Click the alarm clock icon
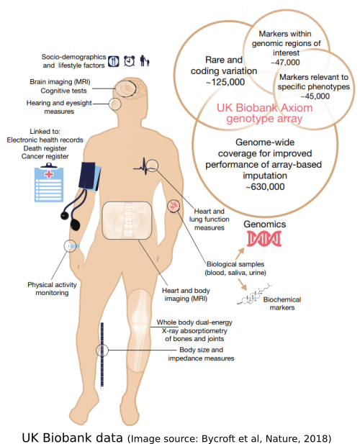(129, 61)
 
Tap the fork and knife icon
(114, 61)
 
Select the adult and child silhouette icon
(145, 60)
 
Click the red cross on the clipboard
(49, 174)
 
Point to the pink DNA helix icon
(264, 238)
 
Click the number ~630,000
(265, 187)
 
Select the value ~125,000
(225, 82)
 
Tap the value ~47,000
(285, 63)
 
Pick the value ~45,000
(315, 96)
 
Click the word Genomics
(264, 225)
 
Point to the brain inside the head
(126, 89)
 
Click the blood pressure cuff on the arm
(89, 176)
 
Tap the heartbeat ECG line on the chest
(145, 167)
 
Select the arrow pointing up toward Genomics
(240, 254)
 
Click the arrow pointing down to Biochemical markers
(242, 284)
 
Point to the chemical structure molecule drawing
(254, 294)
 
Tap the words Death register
(45, 148)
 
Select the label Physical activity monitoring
(52, 289)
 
